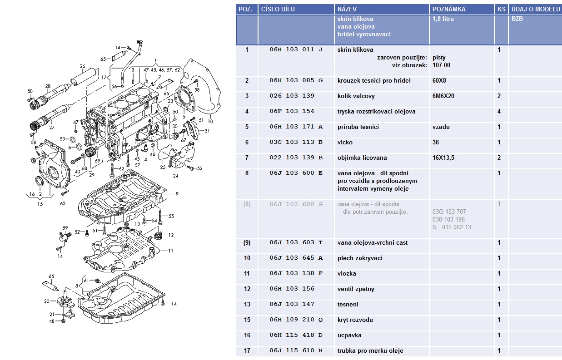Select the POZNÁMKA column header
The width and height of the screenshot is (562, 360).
pos(449,9)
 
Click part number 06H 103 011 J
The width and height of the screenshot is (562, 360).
pos(296,49)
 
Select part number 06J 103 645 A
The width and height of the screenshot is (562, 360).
pos(296,258)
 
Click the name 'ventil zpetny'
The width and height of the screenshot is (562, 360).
pos(356,289)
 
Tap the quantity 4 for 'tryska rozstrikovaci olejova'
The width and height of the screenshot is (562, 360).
pos(499,112)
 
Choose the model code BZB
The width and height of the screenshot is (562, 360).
pos(517,19)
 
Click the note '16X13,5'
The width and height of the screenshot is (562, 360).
pos(443,158)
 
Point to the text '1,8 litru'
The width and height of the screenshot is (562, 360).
pos(443,19)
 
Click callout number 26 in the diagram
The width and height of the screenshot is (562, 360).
pos(82,66)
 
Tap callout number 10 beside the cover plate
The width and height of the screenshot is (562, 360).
pos(210,122)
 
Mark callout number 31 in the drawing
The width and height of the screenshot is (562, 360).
pos(207,131)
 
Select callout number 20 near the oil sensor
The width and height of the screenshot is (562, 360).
pos(46,301)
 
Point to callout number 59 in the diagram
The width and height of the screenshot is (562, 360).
pos(65,228)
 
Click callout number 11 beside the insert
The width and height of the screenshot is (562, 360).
pos(171,251)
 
